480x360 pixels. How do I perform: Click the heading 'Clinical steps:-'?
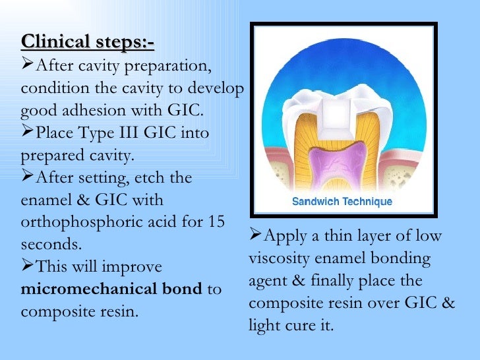point(88,43)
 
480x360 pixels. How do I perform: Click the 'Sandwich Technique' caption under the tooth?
point(343,202)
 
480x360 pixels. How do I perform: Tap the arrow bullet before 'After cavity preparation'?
point(27,65)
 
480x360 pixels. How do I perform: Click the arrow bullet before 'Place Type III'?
point(27,133)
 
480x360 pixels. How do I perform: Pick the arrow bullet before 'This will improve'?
point(27,267)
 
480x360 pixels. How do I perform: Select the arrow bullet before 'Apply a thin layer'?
point(256,236)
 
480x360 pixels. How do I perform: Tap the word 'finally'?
point(346,281)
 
